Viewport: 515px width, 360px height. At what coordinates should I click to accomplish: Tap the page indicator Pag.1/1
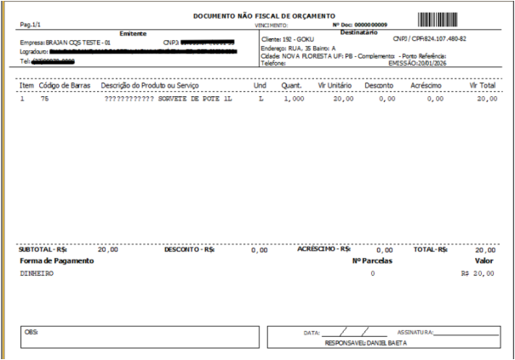(x=31, y=25)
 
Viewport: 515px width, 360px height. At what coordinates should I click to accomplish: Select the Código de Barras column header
(x=65, y=87)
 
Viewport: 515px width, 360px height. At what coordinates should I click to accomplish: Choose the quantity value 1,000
(x=294, y=100)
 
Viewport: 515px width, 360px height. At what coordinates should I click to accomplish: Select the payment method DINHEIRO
(x=37, y=275)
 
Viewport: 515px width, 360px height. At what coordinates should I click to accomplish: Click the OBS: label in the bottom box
(x=32, y=331)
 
